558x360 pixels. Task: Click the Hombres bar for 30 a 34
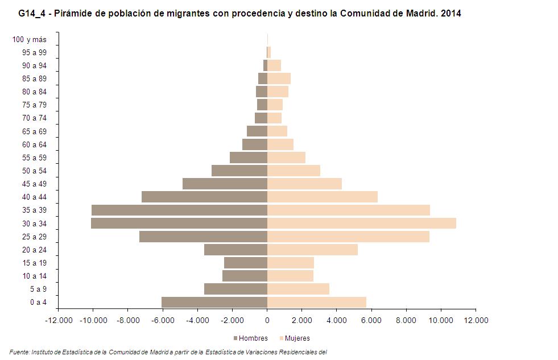pos(179,224)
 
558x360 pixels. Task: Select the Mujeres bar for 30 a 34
pos(362,224)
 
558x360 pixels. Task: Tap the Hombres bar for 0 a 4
pos(214,302)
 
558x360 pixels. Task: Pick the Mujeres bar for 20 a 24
pos(312,250)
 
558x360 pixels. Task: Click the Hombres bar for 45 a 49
pos(225,184)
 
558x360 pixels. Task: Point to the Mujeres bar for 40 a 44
pos(323,197)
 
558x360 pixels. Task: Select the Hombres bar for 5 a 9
pos(235,289)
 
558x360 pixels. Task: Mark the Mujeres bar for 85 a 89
pos(279,78)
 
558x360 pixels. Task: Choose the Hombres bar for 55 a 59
pos(249,158)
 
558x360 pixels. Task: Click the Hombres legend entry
pos(250,338)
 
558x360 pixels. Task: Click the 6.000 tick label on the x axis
pos(371,320)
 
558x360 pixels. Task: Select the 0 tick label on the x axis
pos(267,320)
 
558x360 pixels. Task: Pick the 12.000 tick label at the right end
pos(476,320)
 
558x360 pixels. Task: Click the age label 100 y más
pos(29,39)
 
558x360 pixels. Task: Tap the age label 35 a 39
pos(35,210)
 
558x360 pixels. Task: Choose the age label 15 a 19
pos(35,263)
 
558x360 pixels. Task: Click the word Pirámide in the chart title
pos(76,13)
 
